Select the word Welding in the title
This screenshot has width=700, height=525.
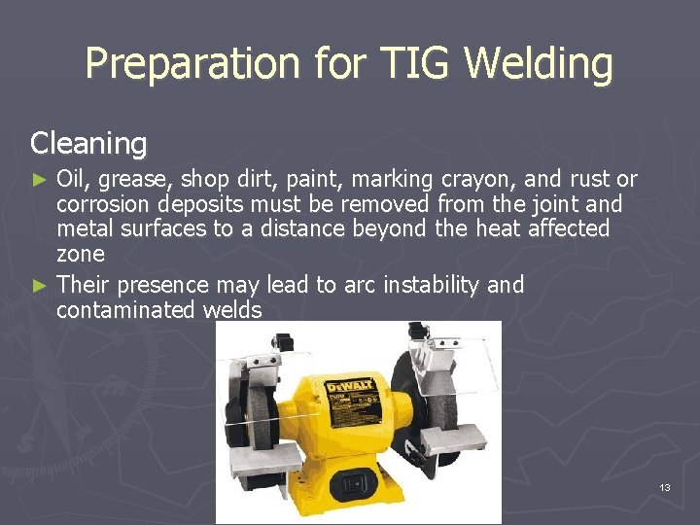(x=539, y=65)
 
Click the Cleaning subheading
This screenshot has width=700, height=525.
(x=88, y=144)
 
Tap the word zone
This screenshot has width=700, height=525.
(x=80, y=255)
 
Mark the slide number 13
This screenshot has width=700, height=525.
(x=665, y=486)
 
